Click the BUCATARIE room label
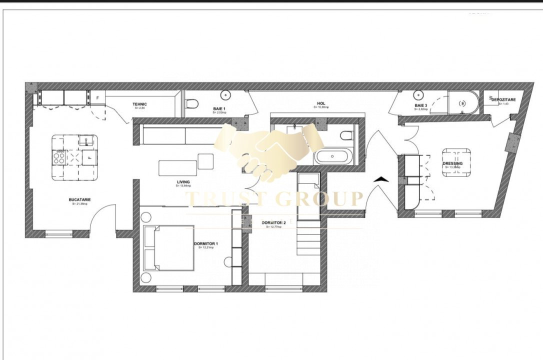click(80, 200)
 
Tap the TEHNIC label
click(140, 104)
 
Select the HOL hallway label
click(321, 104)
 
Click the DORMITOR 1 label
click(206, 244)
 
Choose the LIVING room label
click(183, 182)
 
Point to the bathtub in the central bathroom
click(332, 157)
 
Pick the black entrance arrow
click(380, 179)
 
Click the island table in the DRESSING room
click(456, 162)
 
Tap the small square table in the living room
click(205, 161)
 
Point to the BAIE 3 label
click(420, 105)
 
